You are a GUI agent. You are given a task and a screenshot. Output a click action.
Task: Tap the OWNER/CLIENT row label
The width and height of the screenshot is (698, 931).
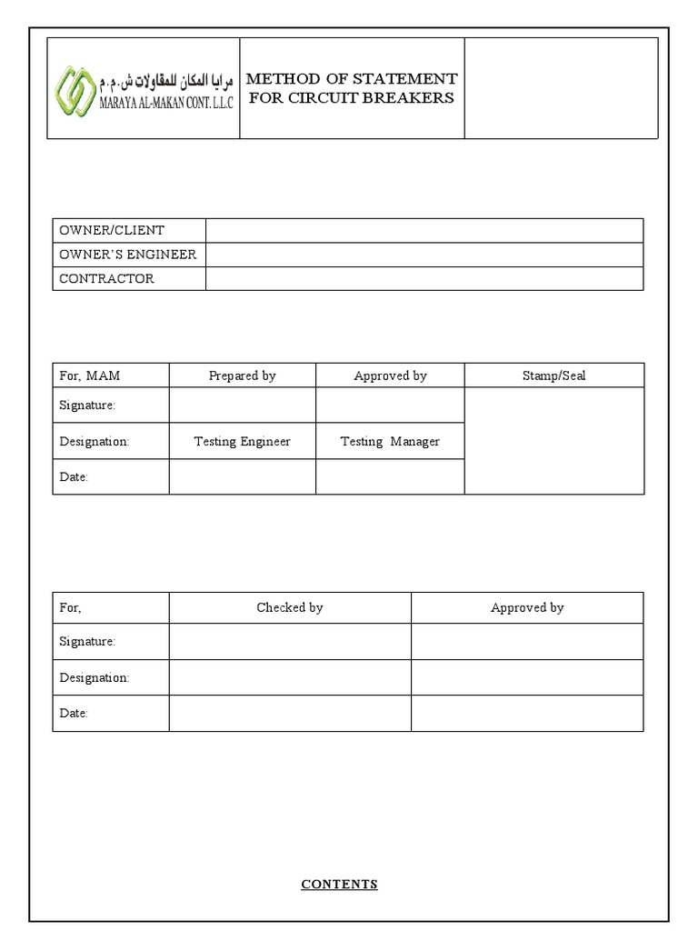(112, 230)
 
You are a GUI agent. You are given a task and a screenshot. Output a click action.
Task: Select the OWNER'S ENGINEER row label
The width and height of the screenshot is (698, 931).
(127, 255)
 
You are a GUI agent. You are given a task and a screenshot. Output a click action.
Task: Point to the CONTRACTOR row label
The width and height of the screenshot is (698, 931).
(106, 279)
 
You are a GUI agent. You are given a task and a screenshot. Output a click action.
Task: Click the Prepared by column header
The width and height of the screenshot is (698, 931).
(242, 375)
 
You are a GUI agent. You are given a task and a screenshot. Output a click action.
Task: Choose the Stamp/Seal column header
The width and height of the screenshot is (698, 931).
(553, 375)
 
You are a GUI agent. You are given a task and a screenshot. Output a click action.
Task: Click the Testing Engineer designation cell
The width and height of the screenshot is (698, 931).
(242, 442)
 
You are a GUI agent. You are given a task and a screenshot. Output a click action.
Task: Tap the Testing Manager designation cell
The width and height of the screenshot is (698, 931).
(390, 442)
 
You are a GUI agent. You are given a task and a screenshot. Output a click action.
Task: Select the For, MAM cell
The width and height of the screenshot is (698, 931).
(90, 375)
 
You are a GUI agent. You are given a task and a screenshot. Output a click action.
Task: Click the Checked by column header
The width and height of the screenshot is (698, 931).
(289, 607)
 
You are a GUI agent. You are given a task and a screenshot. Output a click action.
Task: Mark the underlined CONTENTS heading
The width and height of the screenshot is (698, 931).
(339, 884)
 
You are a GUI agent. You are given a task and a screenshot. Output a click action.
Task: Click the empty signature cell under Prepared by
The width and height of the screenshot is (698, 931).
(242, 405)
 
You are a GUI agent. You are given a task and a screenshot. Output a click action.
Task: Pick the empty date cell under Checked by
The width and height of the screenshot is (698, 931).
(289, 714)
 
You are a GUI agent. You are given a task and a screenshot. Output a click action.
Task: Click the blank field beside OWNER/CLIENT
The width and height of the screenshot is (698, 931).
(424, 230)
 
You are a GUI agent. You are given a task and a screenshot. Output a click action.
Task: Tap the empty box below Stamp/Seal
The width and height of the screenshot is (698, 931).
(553, 441)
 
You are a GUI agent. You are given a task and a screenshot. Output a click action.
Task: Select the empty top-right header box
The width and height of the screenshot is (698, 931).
(561, 88)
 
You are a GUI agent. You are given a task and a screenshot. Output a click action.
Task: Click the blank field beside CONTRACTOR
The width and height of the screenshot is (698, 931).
(424, 279)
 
